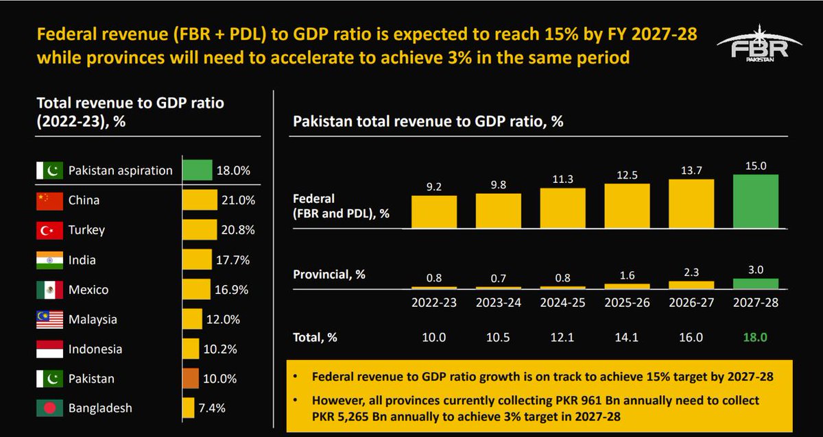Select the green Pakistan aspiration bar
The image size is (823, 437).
coord(198,171)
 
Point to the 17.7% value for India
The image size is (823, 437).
coord(232,260)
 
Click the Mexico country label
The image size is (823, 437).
coord(88,290)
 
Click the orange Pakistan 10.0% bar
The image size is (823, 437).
coord(191,379)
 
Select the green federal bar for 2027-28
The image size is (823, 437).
coord(755,202)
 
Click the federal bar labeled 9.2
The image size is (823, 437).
coord(433,212)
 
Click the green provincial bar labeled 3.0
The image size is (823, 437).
coord(755,283)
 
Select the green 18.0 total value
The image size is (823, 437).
coord(755,338)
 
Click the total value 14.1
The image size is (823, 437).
coord(627,338)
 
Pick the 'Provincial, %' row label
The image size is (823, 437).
coord(329,275)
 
